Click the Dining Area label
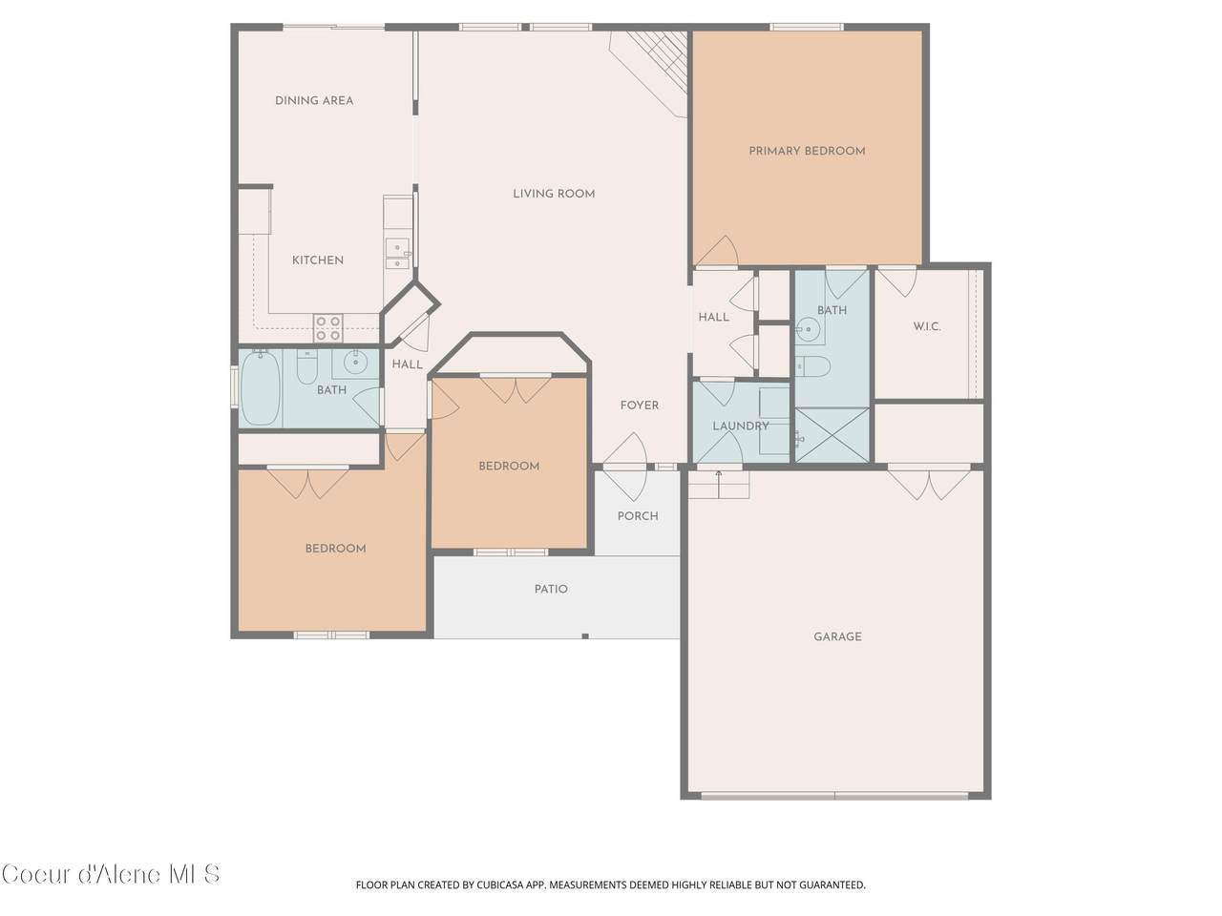pos(314,101)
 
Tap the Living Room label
pos(554,194)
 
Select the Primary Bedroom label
pos(807,151)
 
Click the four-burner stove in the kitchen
pos(327,328)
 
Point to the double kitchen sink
pos(398,254)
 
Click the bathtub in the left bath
pos(260,387)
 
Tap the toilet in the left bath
pos(306,366)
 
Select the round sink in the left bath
pos(355,364)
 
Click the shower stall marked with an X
pos(832,434)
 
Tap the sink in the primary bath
pos(809,330)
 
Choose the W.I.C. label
pos(927,326)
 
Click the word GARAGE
pos(837,636)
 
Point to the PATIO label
pos(551,589)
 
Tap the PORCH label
pos(638,516)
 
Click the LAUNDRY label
pos(741,426)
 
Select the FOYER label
pos(639,406)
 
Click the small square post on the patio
pos(585,636)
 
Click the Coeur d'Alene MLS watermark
pos(110,875)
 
